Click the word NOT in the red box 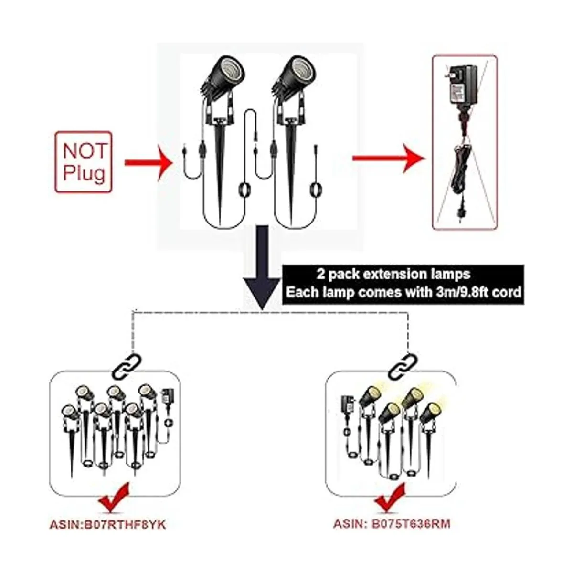(x=85, y=151)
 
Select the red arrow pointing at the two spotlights (x=149, y=162)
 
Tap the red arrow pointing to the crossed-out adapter (x=389, y=158)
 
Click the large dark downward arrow (x=262, y=267)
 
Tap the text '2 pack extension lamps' (x=393, y=274)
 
